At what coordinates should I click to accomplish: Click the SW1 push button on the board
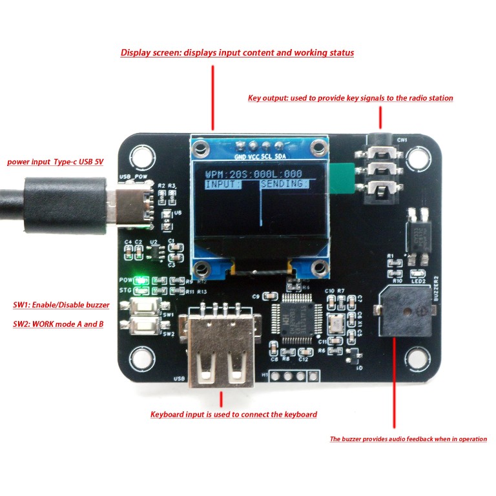coord(145,307)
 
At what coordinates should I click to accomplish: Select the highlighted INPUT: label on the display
coord(223,184)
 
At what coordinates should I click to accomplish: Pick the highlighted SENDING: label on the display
coord(284,184)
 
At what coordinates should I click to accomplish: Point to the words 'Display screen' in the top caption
coord(151,53)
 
